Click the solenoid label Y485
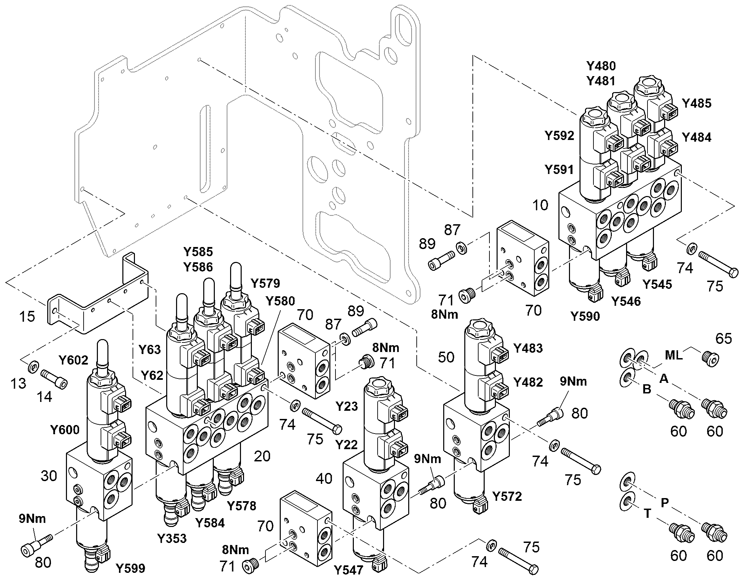(696, 103)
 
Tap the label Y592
(559, 136)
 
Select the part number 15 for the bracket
(27, 316)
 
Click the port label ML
(674, 355)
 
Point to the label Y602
(73, 360)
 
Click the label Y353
(172, 539)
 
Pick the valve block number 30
(49, 476)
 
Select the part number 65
(724, 338)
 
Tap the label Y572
(507, 496)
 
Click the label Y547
(348, 570)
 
